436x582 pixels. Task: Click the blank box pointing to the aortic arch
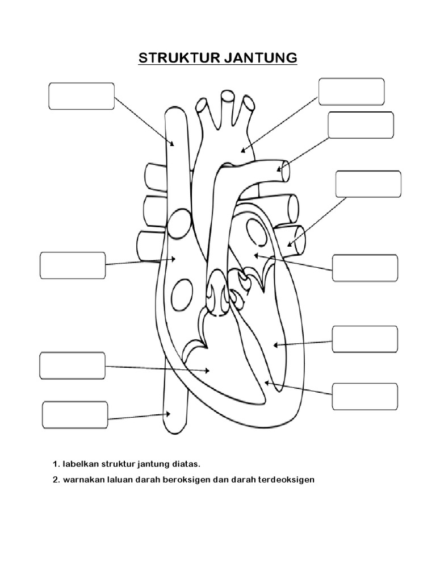(351, 92)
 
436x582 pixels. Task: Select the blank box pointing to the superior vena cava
(81, 95)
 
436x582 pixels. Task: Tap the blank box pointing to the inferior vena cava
(75, 415)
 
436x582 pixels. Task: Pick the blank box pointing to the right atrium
(73, 265)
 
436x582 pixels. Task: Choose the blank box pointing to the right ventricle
(72, 366)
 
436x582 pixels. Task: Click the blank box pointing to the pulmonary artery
(360, 125)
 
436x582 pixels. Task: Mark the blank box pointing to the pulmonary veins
(368, 184)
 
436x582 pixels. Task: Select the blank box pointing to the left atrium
(364, 268)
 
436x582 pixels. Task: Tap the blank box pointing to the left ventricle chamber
(364, 339)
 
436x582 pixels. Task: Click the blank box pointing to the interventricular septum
(364, 397)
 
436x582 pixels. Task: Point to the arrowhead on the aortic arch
(242, 151)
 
